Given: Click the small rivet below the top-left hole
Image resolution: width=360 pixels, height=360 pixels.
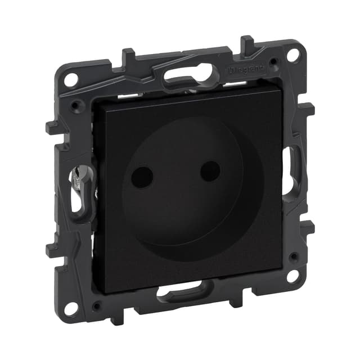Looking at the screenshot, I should pos(74,105).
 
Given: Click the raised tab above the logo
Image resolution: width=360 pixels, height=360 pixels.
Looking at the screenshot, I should pos(247,44).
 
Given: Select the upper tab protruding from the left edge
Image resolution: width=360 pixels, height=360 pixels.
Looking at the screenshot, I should pos(52,127).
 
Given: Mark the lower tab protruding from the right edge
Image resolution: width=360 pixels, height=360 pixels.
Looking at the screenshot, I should pos(307,227).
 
